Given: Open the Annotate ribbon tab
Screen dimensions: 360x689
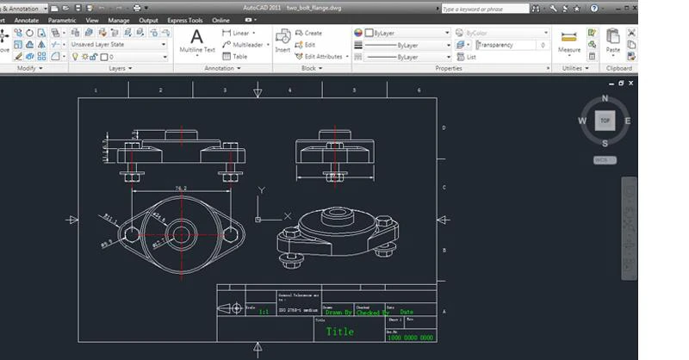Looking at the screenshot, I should [27, 20].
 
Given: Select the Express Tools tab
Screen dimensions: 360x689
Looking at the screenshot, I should [184, 20].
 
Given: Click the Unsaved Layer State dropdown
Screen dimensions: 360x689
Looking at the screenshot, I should [119, 44].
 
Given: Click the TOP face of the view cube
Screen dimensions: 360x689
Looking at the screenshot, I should [605, 121].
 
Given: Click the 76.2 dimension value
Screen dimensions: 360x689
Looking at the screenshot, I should [181, 187].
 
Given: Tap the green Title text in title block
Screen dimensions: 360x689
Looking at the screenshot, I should [339, 331].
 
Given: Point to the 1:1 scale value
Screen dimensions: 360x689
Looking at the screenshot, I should [264, 313].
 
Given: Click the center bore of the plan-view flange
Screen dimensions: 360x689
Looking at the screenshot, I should [182, 233].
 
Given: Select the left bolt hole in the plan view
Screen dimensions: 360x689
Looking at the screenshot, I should [132, 233].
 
